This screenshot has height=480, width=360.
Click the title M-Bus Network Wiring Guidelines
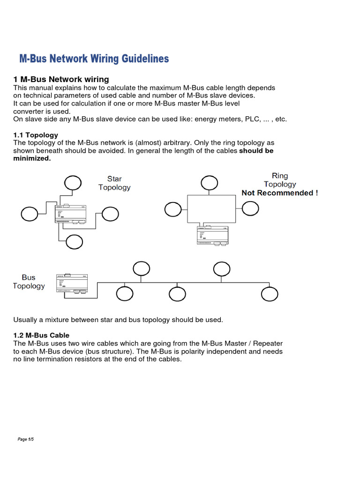point(94,59)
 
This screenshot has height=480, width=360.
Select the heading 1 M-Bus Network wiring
point(61,79)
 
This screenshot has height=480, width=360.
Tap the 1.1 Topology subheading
point(35,135)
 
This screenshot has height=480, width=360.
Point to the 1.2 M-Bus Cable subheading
point(41,335)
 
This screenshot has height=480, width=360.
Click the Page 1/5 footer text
point(26,439)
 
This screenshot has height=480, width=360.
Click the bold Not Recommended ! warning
point(279,193)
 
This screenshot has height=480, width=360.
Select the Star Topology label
point(114,183)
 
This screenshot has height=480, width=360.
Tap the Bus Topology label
point(29,282)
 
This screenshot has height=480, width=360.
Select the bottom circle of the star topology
point(74,242)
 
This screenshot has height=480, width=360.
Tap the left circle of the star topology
point(30,214)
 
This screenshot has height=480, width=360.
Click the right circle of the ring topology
point(250,210)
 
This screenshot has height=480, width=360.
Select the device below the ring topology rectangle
point(213,235)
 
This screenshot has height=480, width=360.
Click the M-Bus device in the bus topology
point(72,284)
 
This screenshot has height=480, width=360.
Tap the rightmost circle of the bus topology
point(269,294)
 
